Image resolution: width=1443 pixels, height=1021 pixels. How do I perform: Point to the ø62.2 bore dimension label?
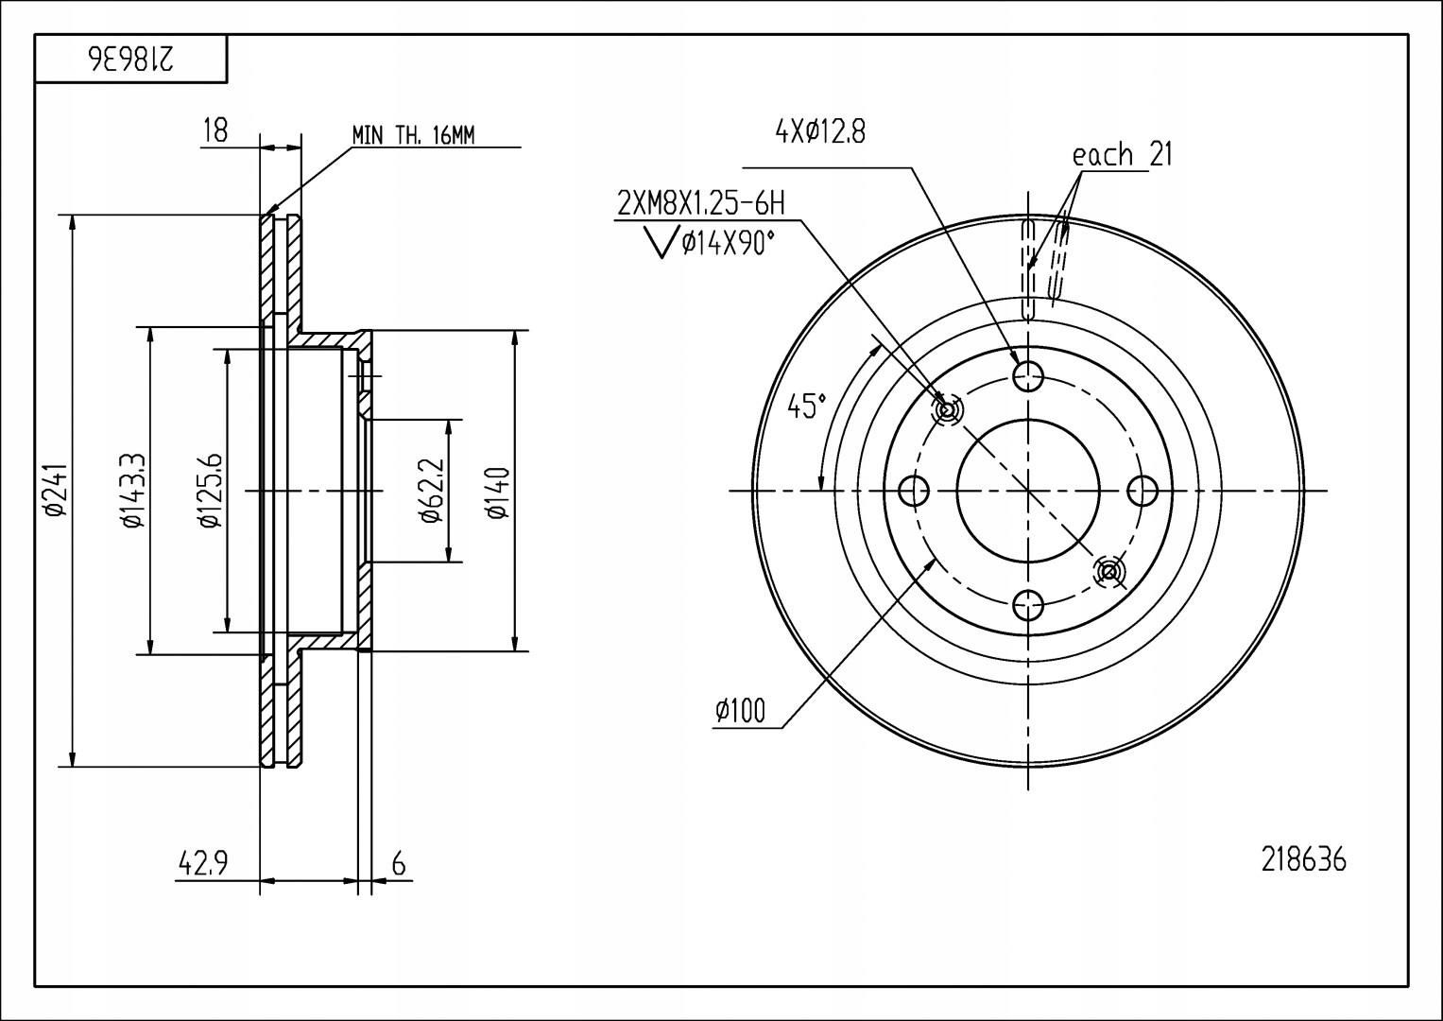tap(432, 490)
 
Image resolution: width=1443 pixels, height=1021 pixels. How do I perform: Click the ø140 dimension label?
tap(499, 493)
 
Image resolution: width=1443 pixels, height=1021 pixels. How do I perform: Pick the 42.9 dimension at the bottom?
tap(202, 863)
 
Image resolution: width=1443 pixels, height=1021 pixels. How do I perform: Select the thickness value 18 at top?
tap(215, 130)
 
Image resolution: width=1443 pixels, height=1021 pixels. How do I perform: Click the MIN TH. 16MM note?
tap(413, 136)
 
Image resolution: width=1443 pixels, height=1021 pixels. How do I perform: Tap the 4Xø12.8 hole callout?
tap(820, 132)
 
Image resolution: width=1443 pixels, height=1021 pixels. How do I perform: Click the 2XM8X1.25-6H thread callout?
tap(701, 203)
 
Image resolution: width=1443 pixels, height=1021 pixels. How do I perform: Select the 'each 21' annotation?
tap(1123, 155)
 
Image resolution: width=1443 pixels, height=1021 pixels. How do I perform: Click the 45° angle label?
tap(806, 407)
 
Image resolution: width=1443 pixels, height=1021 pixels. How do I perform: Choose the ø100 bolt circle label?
tap(740, 711)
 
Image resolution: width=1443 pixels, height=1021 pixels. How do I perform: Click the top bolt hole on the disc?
tap(1027, 376)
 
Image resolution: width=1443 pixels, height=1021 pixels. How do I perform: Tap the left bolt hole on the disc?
tap(914, 491)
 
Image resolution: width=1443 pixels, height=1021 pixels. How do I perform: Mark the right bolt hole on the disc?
tap(1142, 491)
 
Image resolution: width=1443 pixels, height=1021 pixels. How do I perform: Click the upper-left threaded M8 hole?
tap(946, 410)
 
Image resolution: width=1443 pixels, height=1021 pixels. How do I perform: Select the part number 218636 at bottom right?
tap(1303, 860)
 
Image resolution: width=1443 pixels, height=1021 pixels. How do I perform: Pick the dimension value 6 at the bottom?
tap(399, 864)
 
